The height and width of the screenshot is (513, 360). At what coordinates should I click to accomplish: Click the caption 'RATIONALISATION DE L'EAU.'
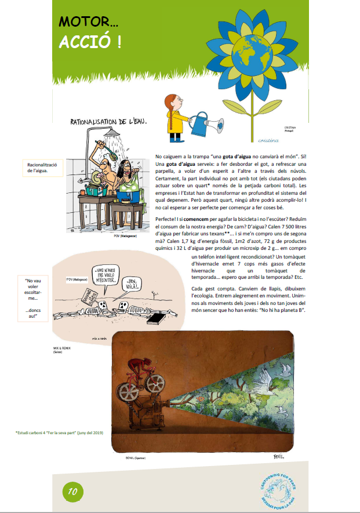(x=108, y=122)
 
